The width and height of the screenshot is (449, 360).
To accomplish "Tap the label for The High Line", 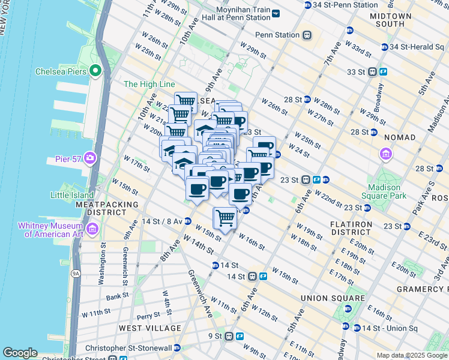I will point(149,85).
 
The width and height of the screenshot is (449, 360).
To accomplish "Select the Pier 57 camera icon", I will point(90,158).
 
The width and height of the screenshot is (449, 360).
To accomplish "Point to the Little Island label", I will point(72,195).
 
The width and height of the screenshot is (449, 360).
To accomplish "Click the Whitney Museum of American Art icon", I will point(92,229).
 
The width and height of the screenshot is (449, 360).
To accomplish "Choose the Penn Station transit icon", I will point(307,35).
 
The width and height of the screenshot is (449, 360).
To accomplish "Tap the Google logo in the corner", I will point(20,353).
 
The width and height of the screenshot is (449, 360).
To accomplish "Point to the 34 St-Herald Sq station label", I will point(414,47).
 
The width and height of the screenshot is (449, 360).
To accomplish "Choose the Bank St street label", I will point(116,295).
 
